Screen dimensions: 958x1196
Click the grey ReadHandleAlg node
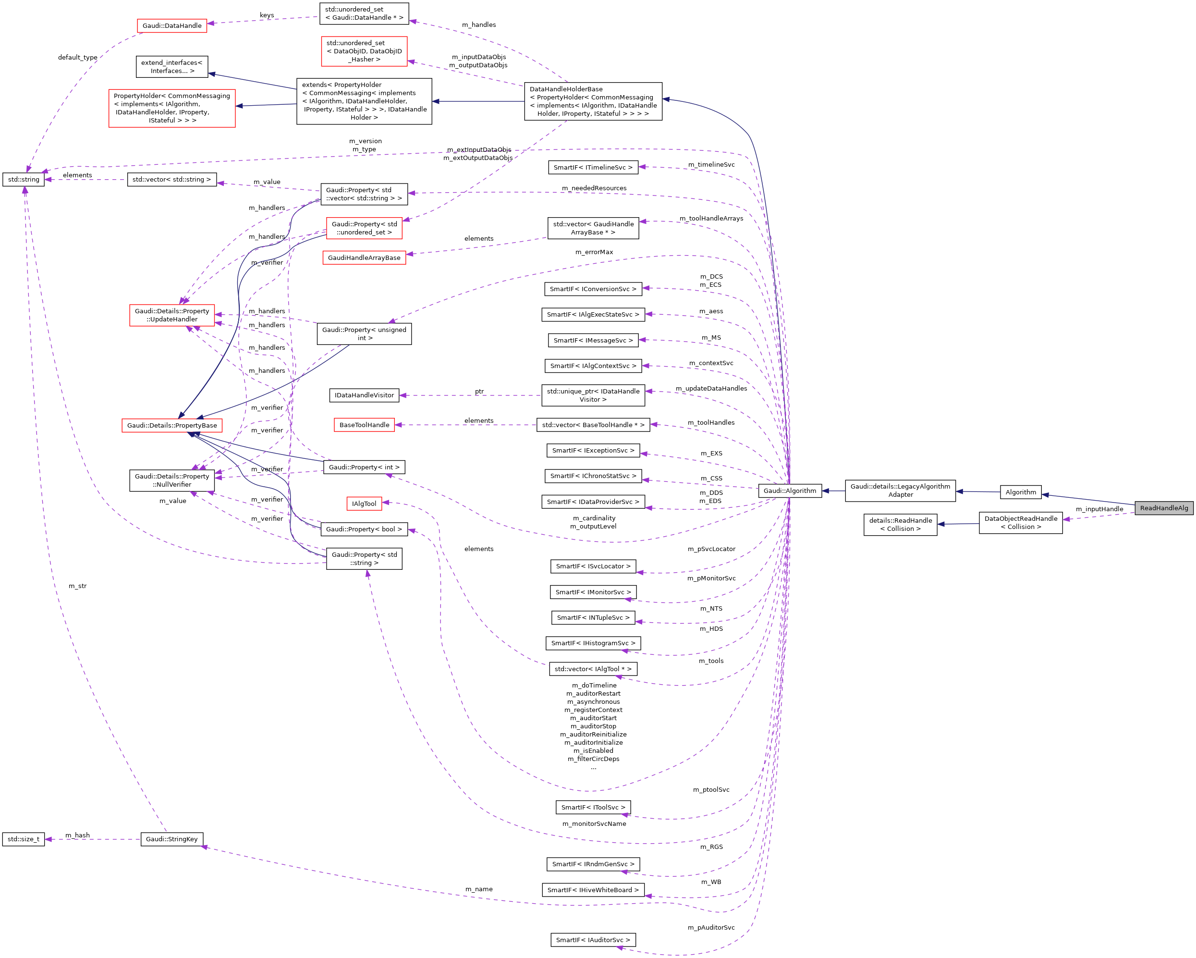(1163, 507)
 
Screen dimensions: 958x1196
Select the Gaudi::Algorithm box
(789, 491)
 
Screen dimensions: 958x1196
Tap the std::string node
(24, 179)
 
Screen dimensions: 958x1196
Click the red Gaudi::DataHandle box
(172, 25)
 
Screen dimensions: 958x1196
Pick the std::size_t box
(24, 839)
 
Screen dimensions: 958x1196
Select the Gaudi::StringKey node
(171, 839)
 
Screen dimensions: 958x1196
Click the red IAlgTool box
(364, 503)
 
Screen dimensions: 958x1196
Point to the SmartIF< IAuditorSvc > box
(593, 940)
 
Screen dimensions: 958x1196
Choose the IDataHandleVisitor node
(364, 395)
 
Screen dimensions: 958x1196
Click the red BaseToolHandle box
(364, 425)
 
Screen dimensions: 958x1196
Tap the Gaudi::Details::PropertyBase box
(172, 426)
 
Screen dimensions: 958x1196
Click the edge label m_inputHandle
(1099, 509)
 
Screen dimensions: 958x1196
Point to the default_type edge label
(78, 57)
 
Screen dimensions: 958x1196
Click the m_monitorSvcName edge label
(594, 824)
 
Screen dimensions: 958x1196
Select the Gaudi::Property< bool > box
(364, 529)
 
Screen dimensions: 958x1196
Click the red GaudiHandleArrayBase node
(364, 258)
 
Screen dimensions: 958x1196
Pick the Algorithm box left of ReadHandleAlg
(1020, 492)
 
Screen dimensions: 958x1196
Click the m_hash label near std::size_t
(77, 835)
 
